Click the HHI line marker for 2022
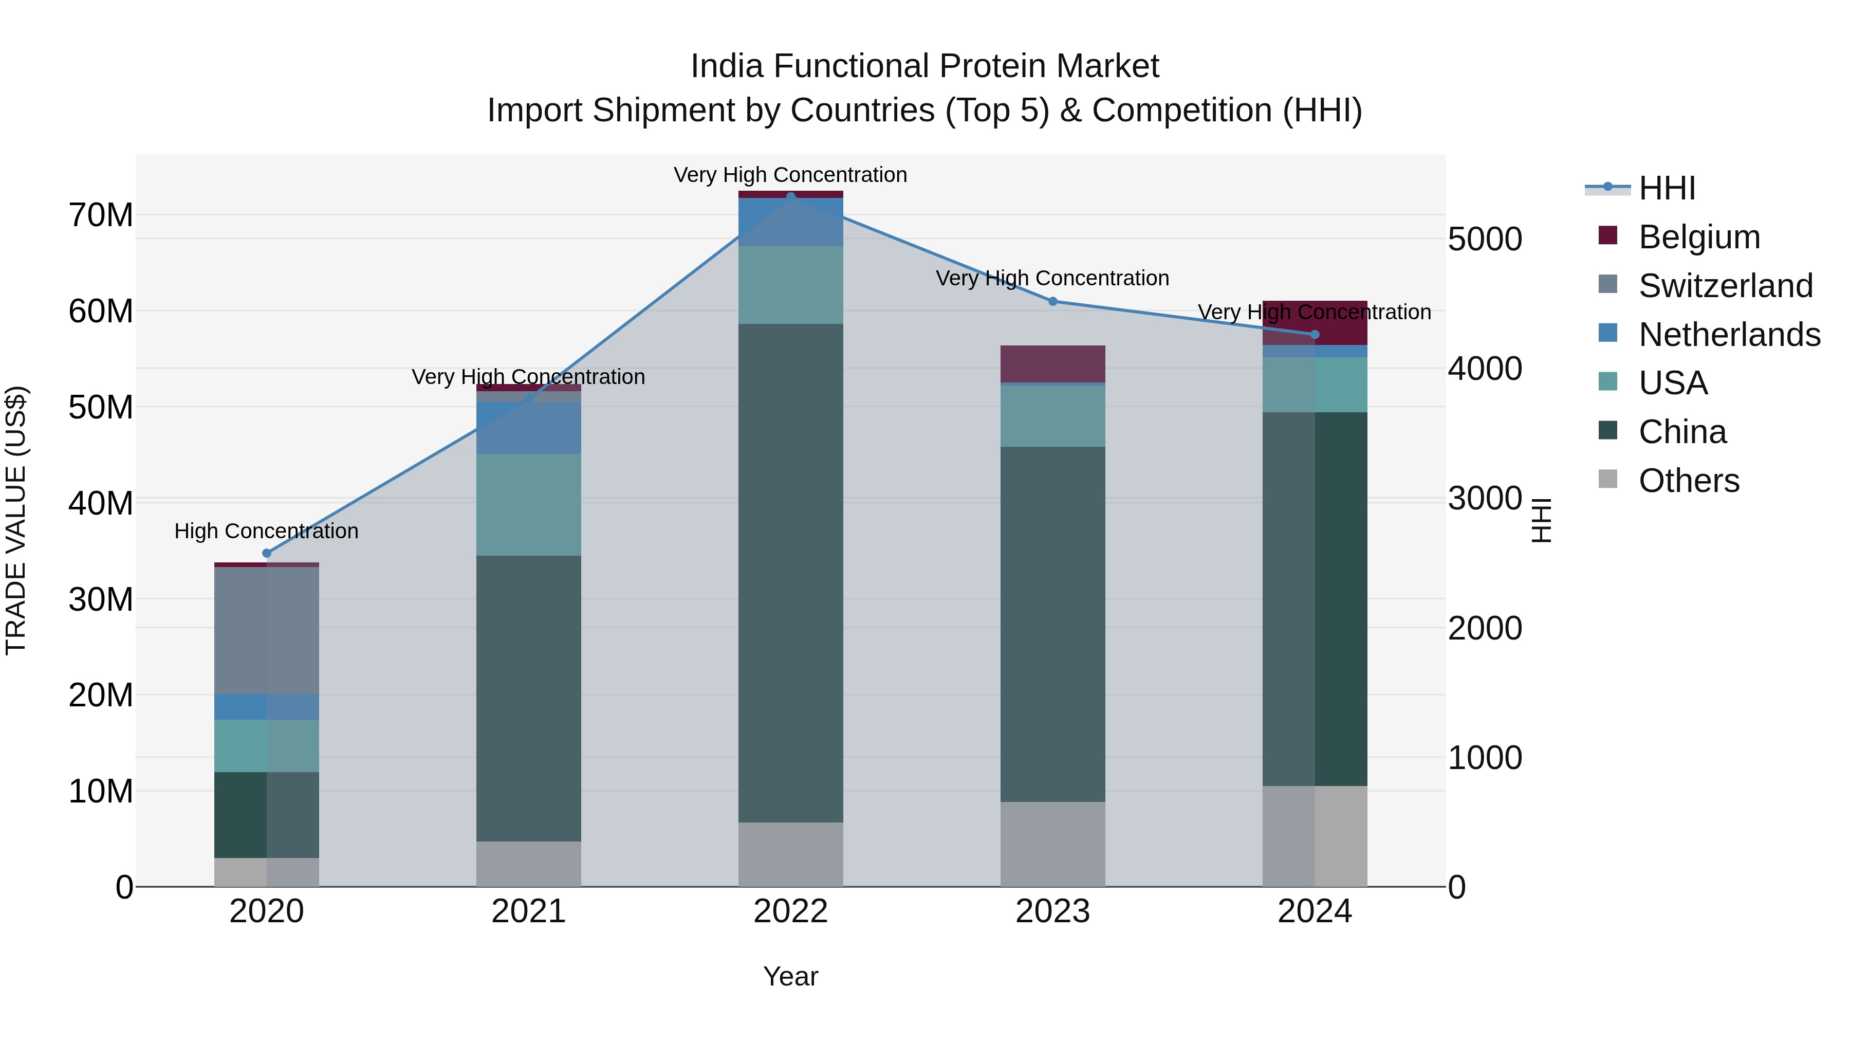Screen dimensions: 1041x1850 [x=791, y=196]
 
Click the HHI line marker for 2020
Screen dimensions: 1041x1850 [x=266, y=553]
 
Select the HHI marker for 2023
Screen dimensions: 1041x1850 [x=1053, y=301]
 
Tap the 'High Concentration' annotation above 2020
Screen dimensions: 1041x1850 [x=266, y=532]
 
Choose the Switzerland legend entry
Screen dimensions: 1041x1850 [x=1725, y=286]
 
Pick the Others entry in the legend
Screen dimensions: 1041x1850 [x=1689, y=481]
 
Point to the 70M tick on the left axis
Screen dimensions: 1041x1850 [x=101, y=215]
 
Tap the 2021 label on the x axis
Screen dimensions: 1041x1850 [x=529, y=911]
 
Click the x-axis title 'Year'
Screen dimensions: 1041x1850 [x=791, y=976]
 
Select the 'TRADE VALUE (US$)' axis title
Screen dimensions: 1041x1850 [x=16, y=520]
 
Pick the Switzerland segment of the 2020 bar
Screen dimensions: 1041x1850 [x=266, y=631]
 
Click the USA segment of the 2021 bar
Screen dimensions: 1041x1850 [x=529, y=505]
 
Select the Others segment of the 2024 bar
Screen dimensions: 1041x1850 [x=1315, y=836]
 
